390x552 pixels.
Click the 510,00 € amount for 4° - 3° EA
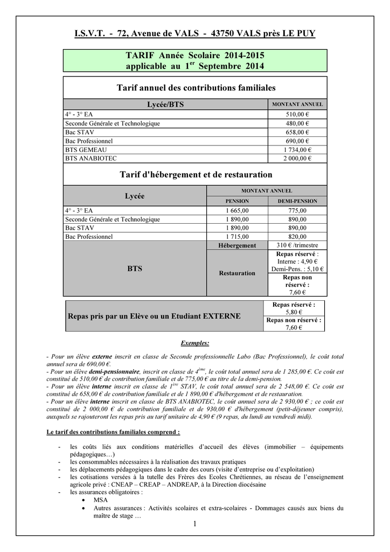[x=297, y=114]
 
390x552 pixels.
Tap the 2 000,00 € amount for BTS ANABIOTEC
[x=297, y=158]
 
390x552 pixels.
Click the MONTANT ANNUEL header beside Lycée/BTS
[x=297, y=105]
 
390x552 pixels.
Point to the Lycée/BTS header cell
[x=165, y=105]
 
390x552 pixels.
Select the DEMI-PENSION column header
[x=297, y=201]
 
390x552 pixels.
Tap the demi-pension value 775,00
[x=297, y=211]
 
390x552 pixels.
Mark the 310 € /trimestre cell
[x=297, y=245]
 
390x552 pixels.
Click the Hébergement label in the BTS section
[x=237, y=245]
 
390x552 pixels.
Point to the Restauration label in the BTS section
[x=237, y=273]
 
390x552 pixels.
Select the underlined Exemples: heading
[x=194, y=343]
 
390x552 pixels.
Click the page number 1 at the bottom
[x=194, y=525]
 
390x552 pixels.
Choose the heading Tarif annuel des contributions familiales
[x=196, y=87]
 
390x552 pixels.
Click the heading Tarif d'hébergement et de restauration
[x=195, y=175]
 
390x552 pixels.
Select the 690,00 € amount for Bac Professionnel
[x=297, y=141]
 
